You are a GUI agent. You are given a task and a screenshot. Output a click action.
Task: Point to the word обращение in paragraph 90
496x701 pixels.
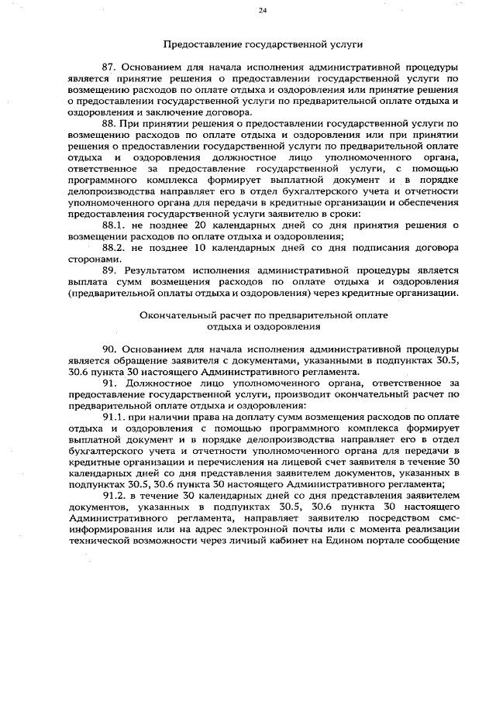click(x=125, y=360)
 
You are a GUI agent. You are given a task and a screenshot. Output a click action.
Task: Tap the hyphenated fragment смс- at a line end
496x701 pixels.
click(x=449, y=517)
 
